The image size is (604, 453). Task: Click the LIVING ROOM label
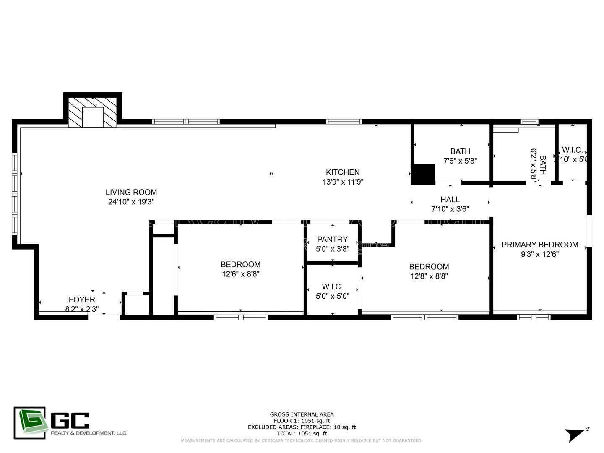pos(131,193)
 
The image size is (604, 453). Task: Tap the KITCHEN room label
pos(343,172)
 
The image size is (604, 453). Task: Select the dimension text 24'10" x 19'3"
pos(131,202)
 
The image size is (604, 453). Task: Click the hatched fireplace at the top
pos(93,111)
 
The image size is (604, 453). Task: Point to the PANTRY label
pos(332,240)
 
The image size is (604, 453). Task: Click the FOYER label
pos(82,300)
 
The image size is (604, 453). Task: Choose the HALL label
pos(450,200)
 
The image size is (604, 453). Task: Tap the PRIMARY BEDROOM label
pos(539,245)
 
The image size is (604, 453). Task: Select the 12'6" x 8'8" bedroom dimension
pos(241,274)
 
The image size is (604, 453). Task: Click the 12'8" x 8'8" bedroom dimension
pos(429,276)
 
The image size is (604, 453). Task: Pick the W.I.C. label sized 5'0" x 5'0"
pos(332,287)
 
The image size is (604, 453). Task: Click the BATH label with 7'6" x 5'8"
pos(460,151)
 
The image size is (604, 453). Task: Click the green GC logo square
pos(29,423)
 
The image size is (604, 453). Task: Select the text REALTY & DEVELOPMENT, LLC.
pos(89,433)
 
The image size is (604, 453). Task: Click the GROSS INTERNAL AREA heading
pos(302,414)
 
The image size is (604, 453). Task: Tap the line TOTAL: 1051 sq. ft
pos(302,433)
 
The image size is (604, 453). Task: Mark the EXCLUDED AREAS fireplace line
pos(302,427)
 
